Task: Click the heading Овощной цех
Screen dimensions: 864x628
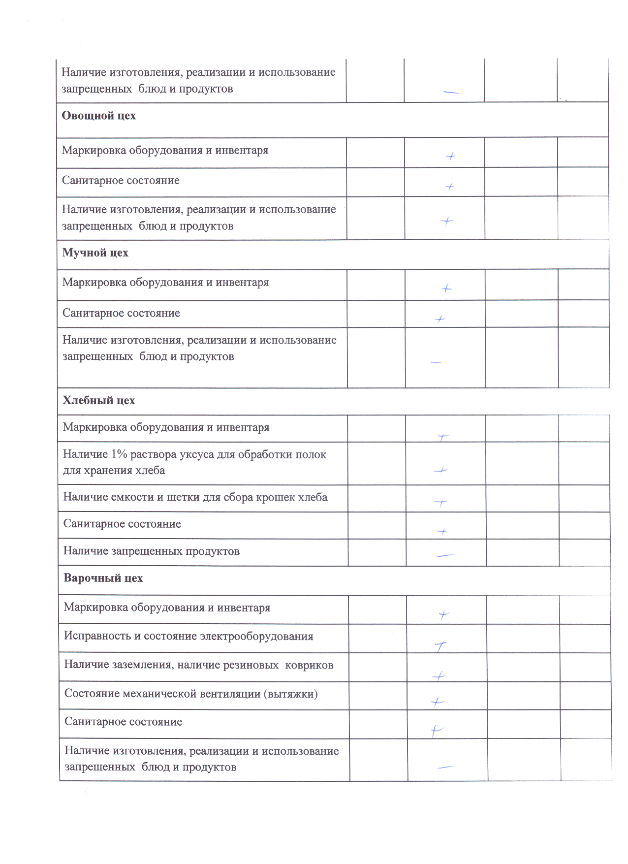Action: click(98, 116)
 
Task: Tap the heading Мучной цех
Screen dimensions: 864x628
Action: click(95, 253)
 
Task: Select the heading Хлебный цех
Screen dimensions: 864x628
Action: click(98, 400)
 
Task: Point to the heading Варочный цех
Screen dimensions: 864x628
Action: click(103, 578)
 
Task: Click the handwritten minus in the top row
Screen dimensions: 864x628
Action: click(450, 92)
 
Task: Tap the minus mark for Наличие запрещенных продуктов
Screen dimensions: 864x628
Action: click(445, 555)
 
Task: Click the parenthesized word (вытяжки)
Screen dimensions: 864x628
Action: click(290, 694)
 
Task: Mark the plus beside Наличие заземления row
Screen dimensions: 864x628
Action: click(439, 676)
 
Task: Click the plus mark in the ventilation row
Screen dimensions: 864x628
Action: click(437, 702)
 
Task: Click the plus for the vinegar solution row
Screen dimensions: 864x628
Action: click(440, 470)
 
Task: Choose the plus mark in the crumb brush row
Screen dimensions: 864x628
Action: click(440, 503)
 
